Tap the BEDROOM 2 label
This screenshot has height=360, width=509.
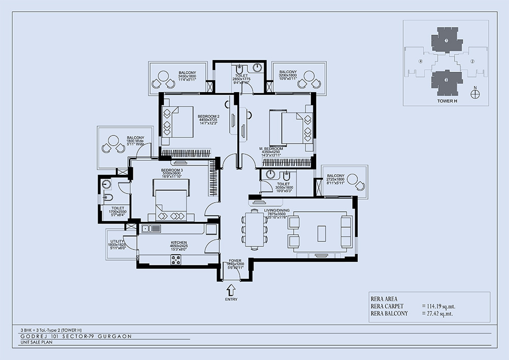pyautogui.click(x=209, y=116)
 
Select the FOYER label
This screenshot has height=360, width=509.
pyautogui.click(x=235, y=260)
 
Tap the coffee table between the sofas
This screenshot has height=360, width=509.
pyautogui.click(x=321, y=233)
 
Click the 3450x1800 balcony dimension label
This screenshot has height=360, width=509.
pyautogui.click(x=187, y=76)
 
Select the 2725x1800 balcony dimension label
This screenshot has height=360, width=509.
pyautogui.click(x=335, y=180)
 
